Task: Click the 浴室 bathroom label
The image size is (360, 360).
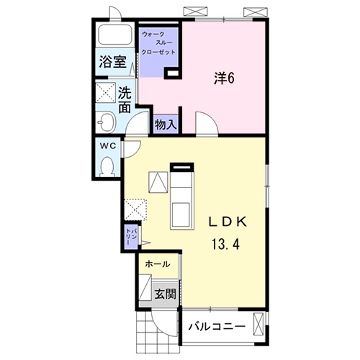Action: [112, 62]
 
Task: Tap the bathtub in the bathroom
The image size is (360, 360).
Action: [115, 34]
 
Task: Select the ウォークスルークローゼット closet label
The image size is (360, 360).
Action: [158, 43]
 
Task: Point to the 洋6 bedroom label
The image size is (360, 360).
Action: [224, 78]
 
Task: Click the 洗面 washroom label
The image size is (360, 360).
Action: [125, 99]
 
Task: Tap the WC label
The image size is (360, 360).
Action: [108, 146]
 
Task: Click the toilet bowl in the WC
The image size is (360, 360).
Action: [107, 166]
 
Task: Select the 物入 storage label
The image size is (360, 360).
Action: [166, 125]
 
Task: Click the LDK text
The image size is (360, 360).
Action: [228, 222]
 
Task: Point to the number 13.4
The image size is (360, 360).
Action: [225, 244]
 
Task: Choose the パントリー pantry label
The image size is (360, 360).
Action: [131, 237]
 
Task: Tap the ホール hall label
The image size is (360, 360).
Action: [158, 264]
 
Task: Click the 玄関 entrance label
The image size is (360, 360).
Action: [166, 294]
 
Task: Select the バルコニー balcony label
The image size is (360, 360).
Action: [217, 326]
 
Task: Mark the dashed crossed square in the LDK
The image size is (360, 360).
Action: [135, 210]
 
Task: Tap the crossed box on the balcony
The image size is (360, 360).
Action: [258, 325]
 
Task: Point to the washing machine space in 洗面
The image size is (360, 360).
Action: [106, 92]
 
